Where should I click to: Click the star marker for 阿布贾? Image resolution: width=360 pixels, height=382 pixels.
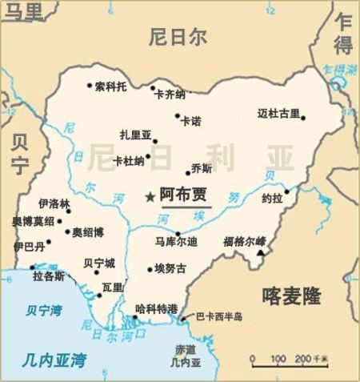click(149, 195)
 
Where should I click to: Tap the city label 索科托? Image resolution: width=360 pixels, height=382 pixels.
click(110, 86)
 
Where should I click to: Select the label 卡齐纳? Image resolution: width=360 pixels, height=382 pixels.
click(170, 94)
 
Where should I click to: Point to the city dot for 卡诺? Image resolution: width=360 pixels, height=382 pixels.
click(178, 116)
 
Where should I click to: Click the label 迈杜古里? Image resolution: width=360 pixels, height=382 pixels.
click(278, 113)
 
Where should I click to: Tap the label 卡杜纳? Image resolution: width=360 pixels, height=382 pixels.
click(128, 160)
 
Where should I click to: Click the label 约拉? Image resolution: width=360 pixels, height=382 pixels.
click(272, 198)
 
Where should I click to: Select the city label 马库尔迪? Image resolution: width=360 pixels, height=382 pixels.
click(176, 240)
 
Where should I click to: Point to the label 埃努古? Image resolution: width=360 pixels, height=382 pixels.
click(170, 268)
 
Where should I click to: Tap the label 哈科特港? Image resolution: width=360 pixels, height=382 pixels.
click(156, 309)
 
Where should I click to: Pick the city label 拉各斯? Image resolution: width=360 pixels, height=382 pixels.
click(49, 276)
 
